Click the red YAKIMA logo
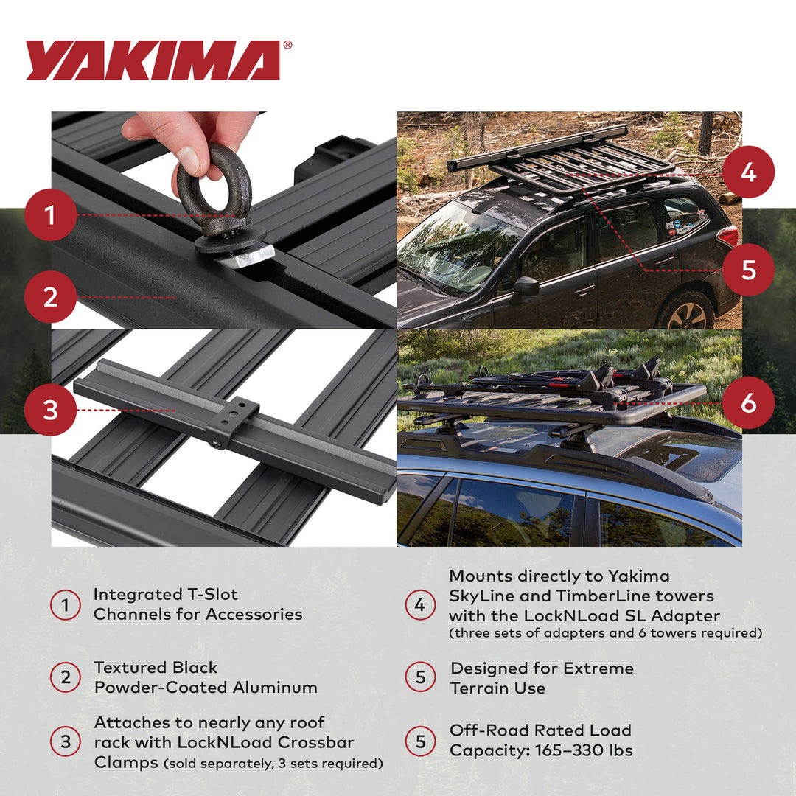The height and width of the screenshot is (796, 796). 153,60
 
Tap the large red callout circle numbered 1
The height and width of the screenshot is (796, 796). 50,215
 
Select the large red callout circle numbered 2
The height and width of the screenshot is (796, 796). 50,297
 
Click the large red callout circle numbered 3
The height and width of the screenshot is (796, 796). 50,410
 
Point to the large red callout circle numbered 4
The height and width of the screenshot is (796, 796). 748,173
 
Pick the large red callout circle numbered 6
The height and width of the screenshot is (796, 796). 748,403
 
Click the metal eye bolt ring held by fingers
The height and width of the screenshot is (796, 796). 214,190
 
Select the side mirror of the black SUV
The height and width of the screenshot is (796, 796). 526,287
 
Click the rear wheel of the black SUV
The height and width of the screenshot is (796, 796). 685,312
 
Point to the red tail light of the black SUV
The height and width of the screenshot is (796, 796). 728,236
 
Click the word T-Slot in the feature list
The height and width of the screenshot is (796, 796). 209,594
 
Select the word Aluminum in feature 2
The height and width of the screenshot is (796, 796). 275,688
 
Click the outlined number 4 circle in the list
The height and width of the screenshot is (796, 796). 419,605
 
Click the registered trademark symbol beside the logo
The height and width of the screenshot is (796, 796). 287,45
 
